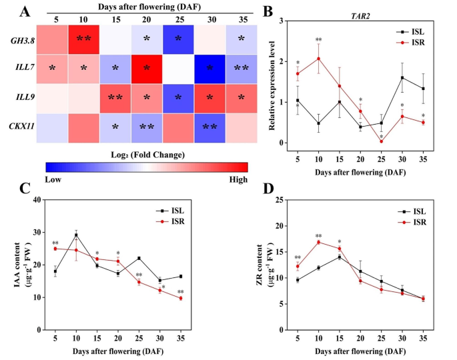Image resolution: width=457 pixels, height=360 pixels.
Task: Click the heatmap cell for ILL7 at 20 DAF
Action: click(x=146, y=68)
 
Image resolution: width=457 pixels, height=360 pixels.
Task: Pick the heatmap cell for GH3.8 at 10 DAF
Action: click(x=83, y=39)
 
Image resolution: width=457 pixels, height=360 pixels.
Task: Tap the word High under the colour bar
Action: click(x=238, y=180)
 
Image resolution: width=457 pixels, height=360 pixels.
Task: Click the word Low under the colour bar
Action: click(x=55, y=180)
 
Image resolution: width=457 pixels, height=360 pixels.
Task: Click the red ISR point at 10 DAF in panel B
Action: click(x=318, y=59)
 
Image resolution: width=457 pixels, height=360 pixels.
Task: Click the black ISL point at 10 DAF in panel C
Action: click(x=76, y=235)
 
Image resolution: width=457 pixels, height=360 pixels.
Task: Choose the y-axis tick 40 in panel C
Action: click(x=39, y=200)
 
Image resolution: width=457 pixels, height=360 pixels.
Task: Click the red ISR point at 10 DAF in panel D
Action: click(x=318, y=242)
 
